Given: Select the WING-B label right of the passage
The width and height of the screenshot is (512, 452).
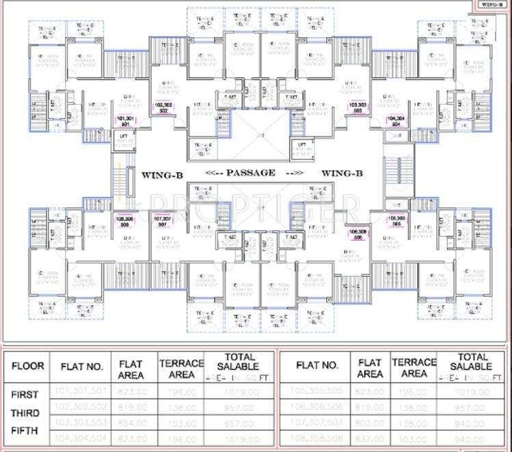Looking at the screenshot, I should click(342, 174).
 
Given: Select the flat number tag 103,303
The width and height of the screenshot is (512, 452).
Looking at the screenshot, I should click(357, 107).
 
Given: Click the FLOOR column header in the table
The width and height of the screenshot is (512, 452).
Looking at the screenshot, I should click(27, 366).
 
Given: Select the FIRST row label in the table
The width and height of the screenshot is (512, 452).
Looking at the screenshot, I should click(25, 395).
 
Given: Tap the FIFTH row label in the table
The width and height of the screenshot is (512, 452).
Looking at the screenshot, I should click(25, 431).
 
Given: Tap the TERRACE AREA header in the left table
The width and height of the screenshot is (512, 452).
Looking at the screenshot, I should click(181, 369).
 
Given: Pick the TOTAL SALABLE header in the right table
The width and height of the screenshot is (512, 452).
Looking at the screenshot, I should click(473, 362).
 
